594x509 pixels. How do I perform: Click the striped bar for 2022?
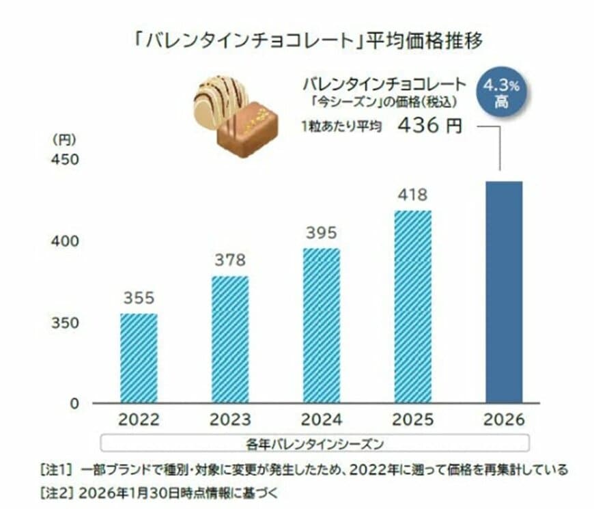pos(139,358)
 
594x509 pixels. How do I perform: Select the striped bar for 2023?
pos(230,340)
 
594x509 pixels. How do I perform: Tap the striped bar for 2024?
pos(321,325)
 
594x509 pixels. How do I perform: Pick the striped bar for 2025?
pos(412,307)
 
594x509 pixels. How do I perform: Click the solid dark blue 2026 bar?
pos(503,292)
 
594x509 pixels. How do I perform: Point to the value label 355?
pos(139,299)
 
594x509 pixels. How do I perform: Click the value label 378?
pos(230,260)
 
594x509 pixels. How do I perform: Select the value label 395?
pos(321,233)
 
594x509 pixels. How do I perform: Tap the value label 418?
pos(412,195)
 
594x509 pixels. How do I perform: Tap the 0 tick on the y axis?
pos(75,403)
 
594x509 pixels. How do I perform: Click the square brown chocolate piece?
pos(247,130)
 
